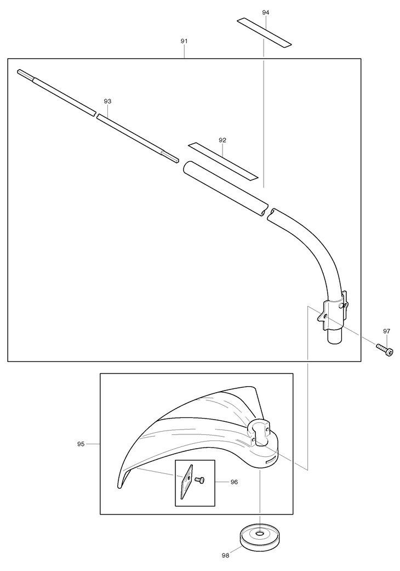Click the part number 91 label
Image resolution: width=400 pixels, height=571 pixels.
(184, 41)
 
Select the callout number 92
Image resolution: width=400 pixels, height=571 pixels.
(222, 140)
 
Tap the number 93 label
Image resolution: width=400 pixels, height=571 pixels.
(107, 101)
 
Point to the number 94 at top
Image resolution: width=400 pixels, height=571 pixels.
(266, 12)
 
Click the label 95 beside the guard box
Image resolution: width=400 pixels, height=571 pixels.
(81, 444)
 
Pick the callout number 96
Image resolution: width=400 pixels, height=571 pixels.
(234, 482)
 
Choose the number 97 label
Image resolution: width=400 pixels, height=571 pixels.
(387, 331)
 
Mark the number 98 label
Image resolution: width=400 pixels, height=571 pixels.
(225, 555)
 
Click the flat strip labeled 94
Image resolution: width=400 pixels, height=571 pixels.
(264, 32)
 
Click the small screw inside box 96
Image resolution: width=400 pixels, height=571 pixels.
(200, 480)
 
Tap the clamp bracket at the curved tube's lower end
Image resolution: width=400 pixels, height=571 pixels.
(333, 312)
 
